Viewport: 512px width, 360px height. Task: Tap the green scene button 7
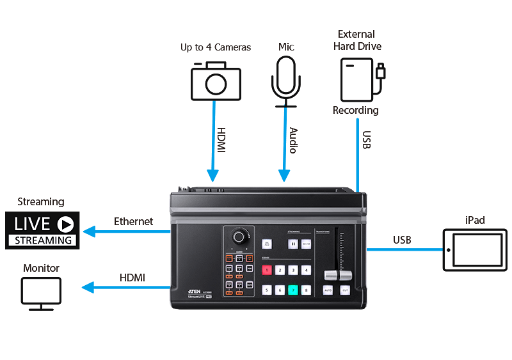click(x=294, y=289)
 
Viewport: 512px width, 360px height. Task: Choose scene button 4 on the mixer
click(x=307, y=270)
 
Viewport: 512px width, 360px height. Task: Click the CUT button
click(x=345, y=290)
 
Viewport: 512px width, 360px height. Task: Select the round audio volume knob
click(x=239, y=237)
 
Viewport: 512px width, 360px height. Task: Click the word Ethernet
click(x=133, y=221)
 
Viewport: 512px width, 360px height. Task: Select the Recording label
click(x=355, y=110)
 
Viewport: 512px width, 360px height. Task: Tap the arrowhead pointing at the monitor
click(x=88, y=288)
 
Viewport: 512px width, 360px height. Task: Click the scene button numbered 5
click(x=267, y=289)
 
